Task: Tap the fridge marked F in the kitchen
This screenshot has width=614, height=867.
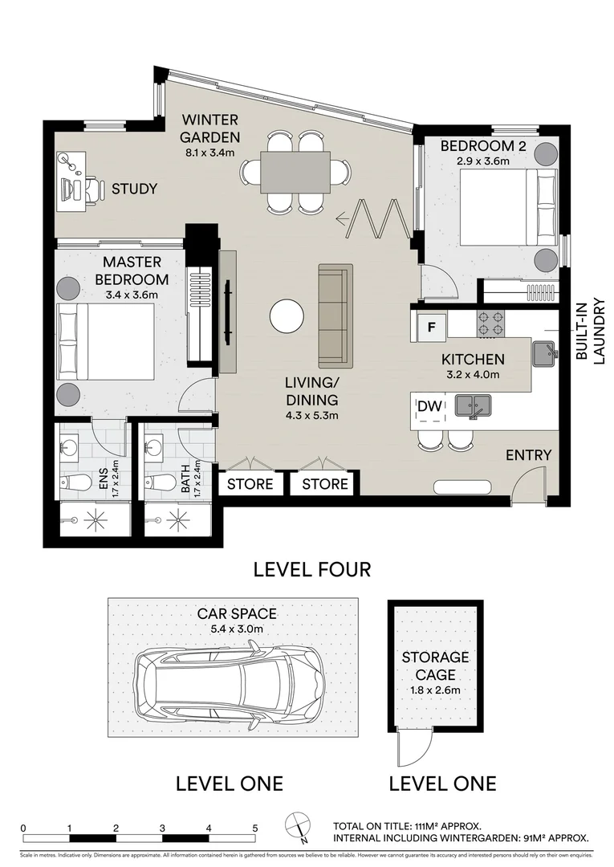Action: point(431,327)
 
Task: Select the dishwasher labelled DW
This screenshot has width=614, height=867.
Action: point(430,407)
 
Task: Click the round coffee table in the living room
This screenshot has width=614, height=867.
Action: point(287,315)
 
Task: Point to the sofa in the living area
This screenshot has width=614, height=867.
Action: point(335,315)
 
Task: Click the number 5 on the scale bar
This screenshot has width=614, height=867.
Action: point(254,828)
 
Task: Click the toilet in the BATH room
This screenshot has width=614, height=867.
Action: point(161,482)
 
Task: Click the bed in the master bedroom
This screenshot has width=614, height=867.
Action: point(105,342)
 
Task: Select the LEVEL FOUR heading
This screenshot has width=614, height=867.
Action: point(311,570)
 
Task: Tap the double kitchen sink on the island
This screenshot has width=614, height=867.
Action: point(473,406)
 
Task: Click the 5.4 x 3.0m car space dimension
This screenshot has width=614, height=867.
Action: point(231,629)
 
